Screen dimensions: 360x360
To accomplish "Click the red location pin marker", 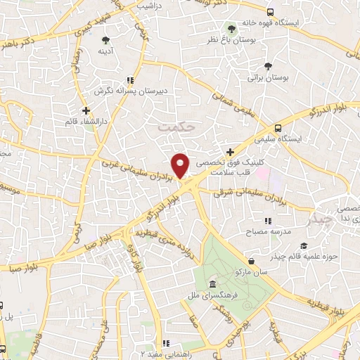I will coord(181,165).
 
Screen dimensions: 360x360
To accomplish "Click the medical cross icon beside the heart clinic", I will coord(230,151).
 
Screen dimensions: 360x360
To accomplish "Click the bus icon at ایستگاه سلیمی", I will coord(278,128).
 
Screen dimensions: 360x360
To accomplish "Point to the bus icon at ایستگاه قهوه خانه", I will coord(271,11).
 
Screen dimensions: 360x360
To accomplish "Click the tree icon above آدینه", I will coord(105,40).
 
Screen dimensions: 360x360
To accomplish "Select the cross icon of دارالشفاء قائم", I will coord(86,110).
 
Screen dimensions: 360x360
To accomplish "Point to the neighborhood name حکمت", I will coord(175,127).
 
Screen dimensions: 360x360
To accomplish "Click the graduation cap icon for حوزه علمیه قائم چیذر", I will coord(303,245).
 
